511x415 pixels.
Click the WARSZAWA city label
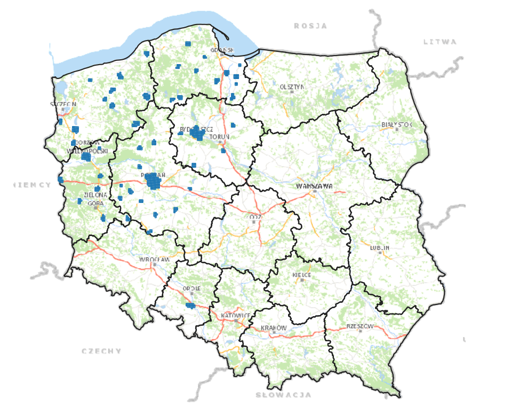(314, 186)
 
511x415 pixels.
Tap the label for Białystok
(397, 124)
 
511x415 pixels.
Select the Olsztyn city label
(292, 87)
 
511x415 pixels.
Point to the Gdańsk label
(222, 50)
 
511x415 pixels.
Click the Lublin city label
(379, 248)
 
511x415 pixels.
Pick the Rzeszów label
(361, 326)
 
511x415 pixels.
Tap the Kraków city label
(274, 327)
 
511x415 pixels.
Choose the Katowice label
(236, 316)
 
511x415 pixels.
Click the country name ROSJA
(310, 26)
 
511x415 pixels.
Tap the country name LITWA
(440, 42)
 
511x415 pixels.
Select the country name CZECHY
(101, 351)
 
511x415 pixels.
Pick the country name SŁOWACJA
(283, 395)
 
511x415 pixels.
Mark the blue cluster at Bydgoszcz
(197, 133)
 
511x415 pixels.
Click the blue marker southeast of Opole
(190, 306)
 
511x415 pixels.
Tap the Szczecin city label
(63, 104)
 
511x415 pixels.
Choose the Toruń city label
(219, 137)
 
